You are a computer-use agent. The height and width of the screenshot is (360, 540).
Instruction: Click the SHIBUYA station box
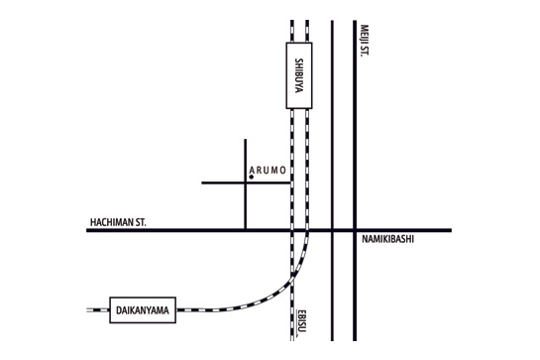[x=299, y=75]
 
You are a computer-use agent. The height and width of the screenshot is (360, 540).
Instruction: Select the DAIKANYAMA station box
[x=142, y=309]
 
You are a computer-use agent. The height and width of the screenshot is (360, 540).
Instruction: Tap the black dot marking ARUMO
[x=252, y=177]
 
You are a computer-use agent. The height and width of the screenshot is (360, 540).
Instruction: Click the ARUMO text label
[x=270, y=171]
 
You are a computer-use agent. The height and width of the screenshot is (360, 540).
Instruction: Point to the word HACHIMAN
[x=108, y=223]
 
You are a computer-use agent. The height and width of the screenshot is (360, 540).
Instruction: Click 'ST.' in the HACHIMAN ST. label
[x=140, y=223]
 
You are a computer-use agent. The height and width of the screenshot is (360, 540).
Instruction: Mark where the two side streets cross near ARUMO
[x=244, y=182]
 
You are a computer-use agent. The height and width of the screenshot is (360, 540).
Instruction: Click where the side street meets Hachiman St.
[x=244, y=231]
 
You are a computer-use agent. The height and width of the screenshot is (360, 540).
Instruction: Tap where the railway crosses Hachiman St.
[x=299, y=231]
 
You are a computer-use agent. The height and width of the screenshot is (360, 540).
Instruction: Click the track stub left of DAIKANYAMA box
[x=96, y=309]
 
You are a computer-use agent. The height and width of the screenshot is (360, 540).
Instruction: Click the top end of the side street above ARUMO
[x=244, y=140]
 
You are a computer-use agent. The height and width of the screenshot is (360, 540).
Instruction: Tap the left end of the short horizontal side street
[x=202, y=182]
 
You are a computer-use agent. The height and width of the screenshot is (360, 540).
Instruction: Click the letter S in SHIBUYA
[x=299, y=60]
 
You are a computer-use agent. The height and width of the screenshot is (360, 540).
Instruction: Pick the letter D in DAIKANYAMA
[x=115, y=310]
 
